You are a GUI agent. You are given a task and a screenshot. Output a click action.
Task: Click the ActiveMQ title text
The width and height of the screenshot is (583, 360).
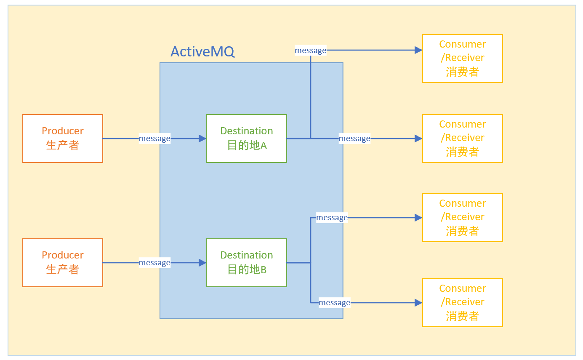pyautogui.click(x=202, y=52)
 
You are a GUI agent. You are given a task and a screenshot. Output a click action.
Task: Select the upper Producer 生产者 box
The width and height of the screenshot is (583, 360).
pyautogui.click(x=63, y=139)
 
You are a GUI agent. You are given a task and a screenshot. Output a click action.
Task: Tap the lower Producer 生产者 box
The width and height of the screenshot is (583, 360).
pyautogui.click(x=63, y=263)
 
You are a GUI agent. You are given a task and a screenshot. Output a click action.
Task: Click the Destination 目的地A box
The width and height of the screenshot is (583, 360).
pyautogui.click(x=246, y=139)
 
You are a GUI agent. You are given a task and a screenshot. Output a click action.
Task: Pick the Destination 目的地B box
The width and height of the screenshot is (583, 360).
pyautogui.click(x=246, y=263)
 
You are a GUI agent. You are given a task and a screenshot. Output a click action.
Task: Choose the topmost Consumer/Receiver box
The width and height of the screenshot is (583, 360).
pyautogui.click(x=462, y=59)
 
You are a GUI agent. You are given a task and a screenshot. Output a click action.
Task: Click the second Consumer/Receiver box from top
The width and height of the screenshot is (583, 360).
pyautogui.click(x=462, y=139)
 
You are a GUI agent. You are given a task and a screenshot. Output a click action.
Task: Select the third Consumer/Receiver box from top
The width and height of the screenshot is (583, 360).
pyautogui.click(x=462, y=218)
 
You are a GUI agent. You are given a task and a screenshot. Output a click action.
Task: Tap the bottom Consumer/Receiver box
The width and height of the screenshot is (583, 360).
pyautogui.click(x=462, y=303)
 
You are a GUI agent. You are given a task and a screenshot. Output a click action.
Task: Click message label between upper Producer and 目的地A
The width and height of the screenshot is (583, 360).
pyautogui.click(x=154, y=139)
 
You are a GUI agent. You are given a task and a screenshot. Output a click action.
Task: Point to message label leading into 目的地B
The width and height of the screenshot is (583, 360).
pyautogui.click(x=154, y=263)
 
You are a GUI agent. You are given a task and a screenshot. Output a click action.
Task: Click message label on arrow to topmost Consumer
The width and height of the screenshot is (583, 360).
pyautogui.click(x=310, y=51)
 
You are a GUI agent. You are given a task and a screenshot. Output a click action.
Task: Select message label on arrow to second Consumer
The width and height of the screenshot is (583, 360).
pyautogui.click(x=354, y=139)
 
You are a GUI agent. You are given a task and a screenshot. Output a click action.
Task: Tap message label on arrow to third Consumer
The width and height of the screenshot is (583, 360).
pyautogui.click(x=332, y=218)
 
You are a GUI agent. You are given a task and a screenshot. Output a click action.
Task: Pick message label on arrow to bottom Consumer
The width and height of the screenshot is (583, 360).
pyautogui.click(x=334, y=303)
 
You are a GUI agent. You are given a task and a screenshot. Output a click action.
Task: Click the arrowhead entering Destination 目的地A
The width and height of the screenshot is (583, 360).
pyautogui.click(x=202, y=139)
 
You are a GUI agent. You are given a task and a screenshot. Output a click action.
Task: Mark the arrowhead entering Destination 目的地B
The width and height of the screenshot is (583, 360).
pyautogui.click(x=202, y=263)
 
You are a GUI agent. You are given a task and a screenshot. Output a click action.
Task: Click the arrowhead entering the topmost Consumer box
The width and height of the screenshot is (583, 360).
pyautogui.click(x=418, y=51)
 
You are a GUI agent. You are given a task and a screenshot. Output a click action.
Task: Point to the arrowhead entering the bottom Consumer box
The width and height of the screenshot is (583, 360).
pyautogui.click(x=418, y=303)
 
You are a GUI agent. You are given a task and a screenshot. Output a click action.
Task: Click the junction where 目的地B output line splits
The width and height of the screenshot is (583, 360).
pyautogui.click(x=311, y=263)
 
